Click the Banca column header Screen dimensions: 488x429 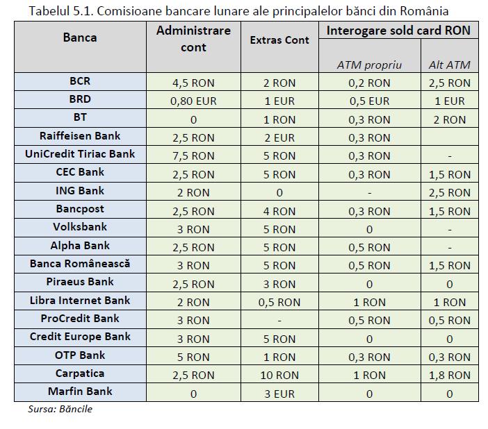tap(80, 37)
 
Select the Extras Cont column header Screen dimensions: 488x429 tap(279, 40)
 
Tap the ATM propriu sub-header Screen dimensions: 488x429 tap(369, 65)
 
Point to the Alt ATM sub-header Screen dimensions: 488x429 tap(449, 65)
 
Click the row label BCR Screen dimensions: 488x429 tap(80, 81)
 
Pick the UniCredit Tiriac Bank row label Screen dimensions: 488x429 tap(80, 154)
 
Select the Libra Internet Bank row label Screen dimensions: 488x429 tap(80, 301)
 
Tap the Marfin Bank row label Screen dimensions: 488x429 tap(80, 391)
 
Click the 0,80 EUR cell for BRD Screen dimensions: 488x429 tap(193, 101)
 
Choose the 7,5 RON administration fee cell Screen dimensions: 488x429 tap(193, 155)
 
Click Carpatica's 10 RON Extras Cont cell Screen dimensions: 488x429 tap(279, 376)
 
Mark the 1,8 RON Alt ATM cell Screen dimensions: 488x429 tap(449, 376)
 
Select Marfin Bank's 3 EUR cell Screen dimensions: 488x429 tap(279, 394)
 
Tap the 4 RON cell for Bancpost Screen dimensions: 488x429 tap(279, 212)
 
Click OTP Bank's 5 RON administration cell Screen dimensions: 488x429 tap(193, 357)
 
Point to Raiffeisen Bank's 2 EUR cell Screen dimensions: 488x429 tap(279, 137)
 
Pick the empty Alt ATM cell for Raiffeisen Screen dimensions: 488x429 tap(449, 137)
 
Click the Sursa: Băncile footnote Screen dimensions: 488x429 tap(60, 409)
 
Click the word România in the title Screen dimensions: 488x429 tap(424, 11)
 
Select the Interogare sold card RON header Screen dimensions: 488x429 tap(398, 31)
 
